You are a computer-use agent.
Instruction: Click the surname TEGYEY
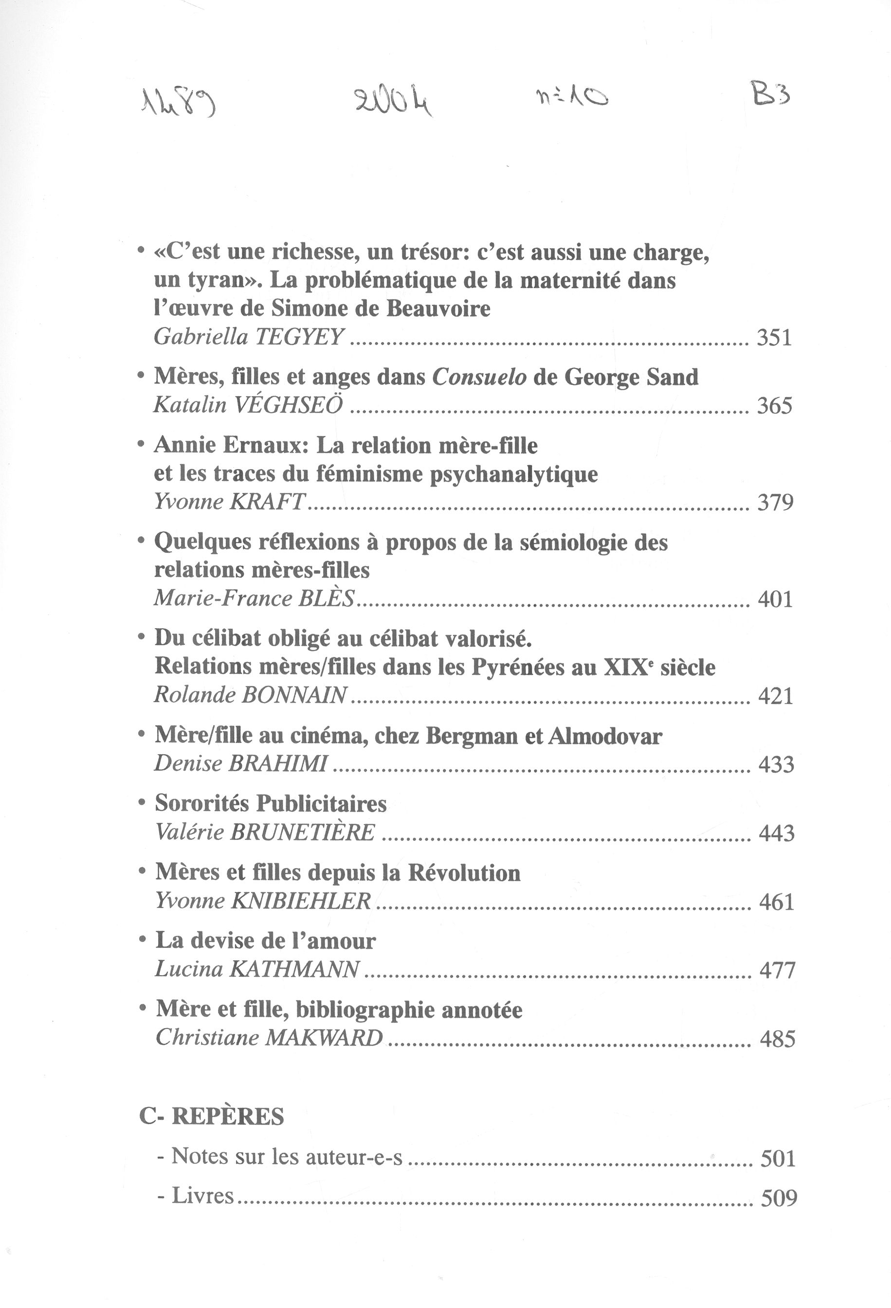[299, 337]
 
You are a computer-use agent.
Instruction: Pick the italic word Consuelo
[479, 377]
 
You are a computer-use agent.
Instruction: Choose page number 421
[776, 696]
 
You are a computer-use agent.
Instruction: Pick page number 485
[777, 1038]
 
